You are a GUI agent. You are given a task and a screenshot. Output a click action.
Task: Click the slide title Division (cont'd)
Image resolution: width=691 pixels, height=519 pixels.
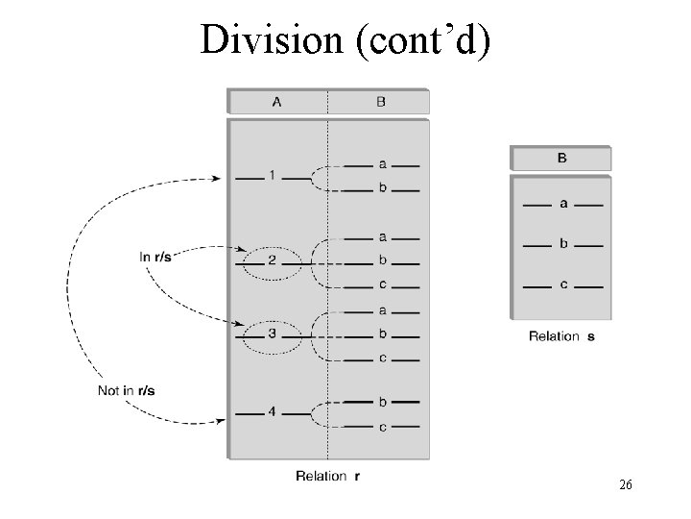point(345,39)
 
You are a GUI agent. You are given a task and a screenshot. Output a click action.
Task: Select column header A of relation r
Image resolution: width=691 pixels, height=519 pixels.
point(277,102)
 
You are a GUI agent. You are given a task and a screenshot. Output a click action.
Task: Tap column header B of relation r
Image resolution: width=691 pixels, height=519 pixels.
point(381,102)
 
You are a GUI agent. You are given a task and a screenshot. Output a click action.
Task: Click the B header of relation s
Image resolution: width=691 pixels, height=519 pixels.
point(561,158)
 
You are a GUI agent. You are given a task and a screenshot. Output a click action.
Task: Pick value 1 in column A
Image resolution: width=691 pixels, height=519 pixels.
point(273,175)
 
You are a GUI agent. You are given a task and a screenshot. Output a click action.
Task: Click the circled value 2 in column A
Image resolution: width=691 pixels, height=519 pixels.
point(273,260)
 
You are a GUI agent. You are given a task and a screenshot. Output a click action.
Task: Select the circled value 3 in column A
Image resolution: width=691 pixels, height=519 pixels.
point(273,334)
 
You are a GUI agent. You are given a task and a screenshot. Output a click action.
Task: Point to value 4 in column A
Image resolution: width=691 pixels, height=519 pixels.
point(273,412)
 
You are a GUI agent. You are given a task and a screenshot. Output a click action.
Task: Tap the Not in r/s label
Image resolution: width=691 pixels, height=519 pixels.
point(129,390)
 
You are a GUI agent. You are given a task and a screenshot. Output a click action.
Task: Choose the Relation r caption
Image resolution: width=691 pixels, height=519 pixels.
point(322,476)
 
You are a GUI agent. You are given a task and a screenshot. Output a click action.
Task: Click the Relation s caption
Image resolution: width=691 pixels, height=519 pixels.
point(561,336)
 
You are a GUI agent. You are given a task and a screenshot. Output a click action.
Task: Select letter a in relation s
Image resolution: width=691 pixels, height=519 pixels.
point(562,205)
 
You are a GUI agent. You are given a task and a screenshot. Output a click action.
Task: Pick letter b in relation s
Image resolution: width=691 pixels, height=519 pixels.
point(562,244)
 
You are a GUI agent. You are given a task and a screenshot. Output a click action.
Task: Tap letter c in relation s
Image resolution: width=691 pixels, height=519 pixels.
point(562,284)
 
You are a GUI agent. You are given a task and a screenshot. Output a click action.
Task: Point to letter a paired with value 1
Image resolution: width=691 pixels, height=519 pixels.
point(382,165)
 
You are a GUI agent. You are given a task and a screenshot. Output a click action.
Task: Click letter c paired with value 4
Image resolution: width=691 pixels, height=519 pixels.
point(382,427)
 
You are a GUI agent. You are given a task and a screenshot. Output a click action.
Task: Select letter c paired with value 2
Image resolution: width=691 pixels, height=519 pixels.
point(382,284)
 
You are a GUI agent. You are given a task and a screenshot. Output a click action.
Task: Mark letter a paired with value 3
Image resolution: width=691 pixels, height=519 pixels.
point(382,309)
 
